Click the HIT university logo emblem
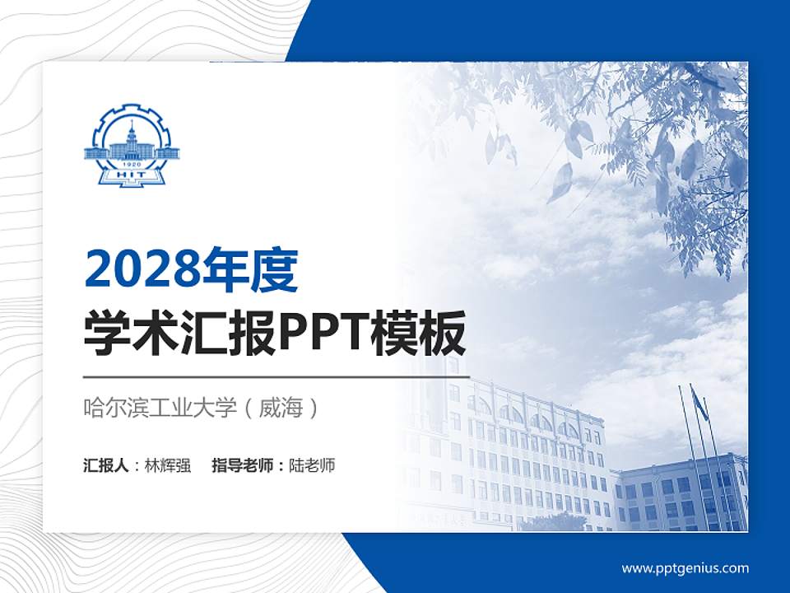(132, 145)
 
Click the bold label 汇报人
(106, 465)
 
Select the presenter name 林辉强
(167, 465)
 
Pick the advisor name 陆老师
(312, 465)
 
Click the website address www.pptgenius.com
(685, 568)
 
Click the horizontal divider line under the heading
(276, 377)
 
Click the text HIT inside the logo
(132, 174)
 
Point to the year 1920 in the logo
(132, 164)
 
